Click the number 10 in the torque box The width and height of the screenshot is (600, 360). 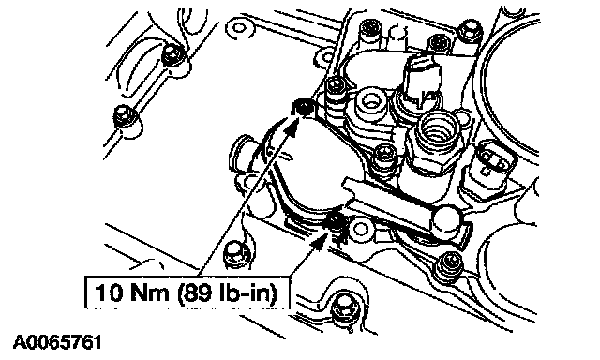click(110, 292)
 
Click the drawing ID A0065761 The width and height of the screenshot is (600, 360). click(57, 342)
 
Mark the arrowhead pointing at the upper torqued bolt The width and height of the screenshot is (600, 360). click(293, 127)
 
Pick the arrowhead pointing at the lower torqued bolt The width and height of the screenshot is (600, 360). click(320, 242)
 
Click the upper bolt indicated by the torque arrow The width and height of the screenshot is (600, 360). click(304, 108)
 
